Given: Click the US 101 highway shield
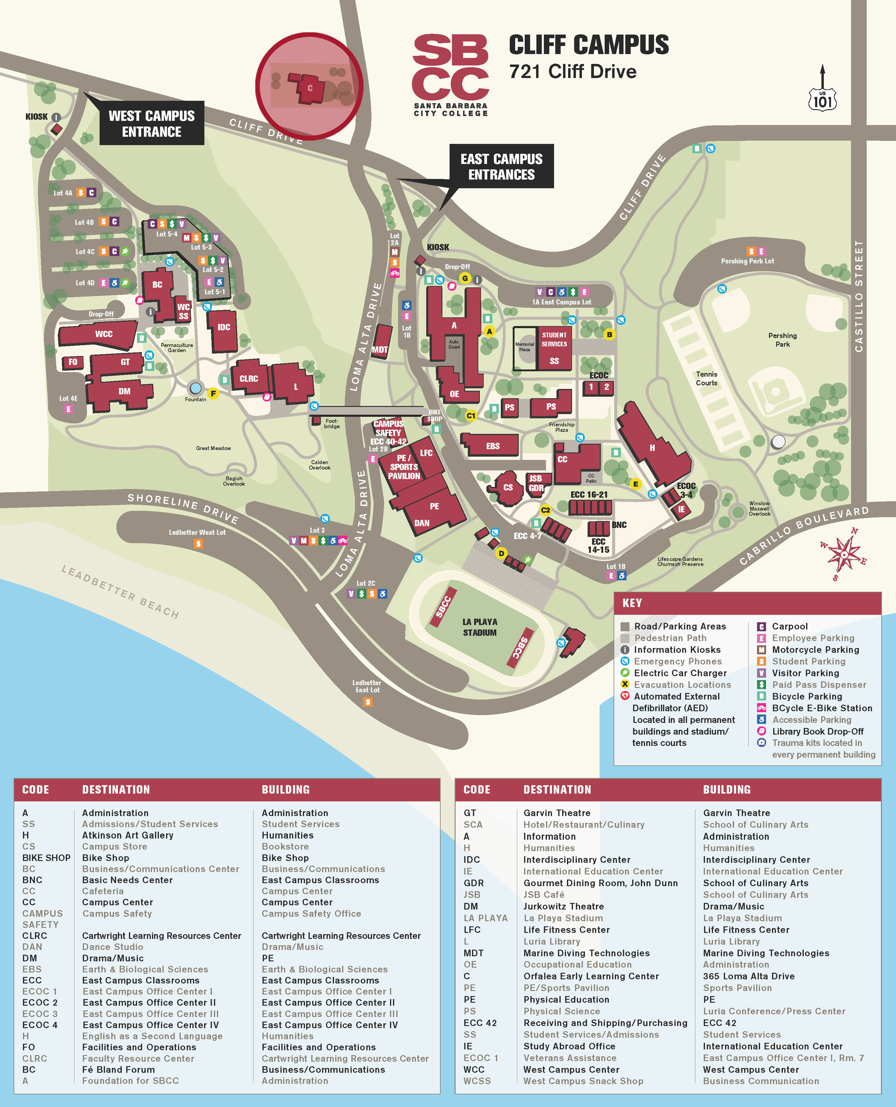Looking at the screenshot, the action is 822,99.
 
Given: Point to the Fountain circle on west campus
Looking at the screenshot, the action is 196,387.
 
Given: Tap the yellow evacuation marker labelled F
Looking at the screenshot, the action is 213,393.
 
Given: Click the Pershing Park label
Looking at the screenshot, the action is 783,340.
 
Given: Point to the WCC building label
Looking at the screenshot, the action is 104,334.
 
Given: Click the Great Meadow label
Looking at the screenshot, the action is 213,448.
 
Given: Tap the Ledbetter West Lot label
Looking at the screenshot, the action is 197,532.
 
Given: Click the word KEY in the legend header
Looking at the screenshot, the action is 632,603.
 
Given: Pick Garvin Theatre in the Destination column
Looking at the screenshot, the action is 557,813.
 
